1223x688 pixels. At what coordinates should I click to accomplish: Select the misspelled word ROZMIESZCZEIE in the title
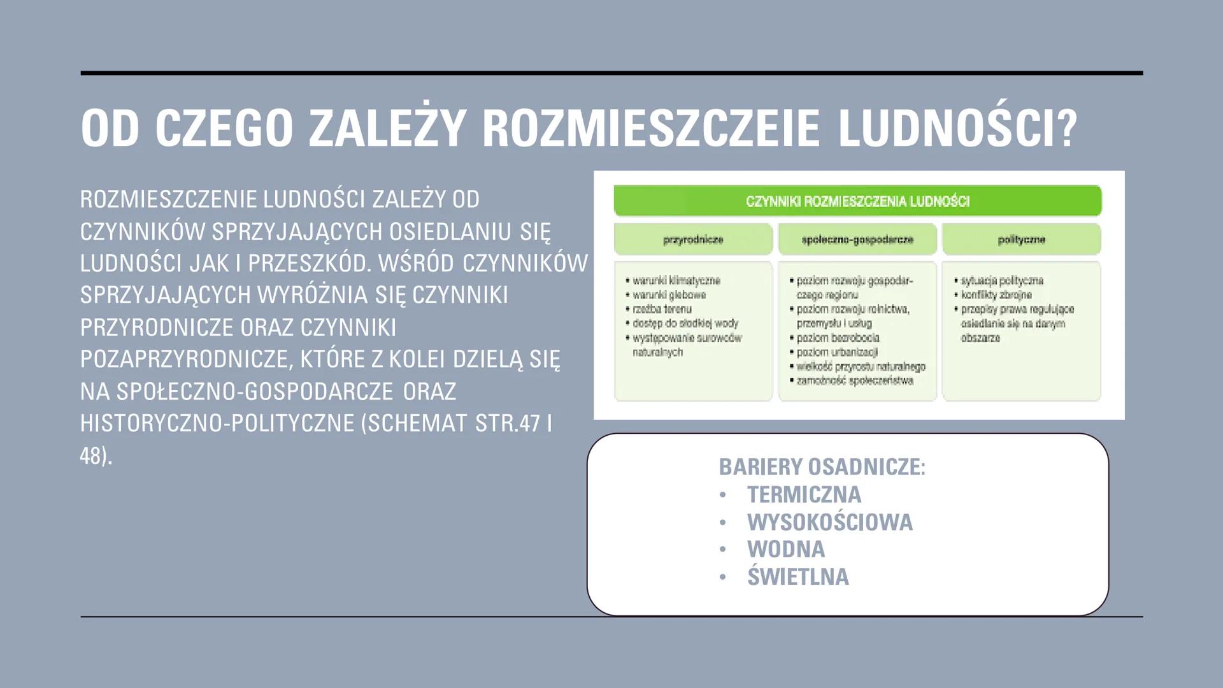pos(650,128)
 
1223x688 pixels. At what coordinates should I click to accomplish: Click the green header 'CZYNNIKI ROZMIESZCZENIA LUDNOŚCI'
pos(857,201)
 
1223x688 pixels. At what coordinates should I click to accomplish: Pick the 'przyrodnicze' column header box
pos(693,240)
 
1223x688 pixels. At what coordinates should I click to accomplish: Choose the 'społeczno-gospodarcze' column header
pos(857,240)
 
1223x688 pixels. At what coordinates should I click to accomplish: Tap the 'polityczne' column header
pos(1021,240)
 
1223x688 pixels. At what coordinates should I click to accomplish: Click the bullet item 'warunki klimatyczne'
pos(676,280)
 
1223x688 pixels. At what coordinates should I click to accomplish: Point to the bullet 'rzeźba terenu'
pos(662,309)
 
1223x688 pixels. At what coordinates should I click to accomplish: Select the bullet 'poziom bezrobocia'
pos(838,338)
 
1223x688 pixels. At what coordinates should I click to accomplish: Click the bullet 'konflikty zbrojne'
pos(996,294)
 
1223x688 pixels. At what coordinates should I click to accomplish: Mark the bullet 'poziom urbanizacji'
pos(837,352)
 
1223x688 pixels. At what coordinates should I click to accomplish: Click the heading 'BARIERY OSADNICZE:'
pos(822,467)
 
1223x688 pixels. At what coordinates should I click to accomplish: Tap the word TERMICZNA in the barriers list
pos(804,495)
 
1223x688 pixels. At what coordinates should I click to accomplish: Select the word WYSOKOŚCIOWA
pos(829,522)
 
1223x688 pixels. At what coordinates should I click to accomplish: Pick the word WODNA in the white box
pos(785,549)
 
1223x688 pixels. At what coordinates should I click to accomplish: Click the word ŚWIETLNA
pos(797,577)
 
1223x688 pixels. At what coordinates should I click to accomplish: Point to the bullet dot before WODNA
pos(722,550)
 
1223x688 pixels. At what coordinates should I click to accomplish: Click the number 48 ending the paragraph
pos(92,455)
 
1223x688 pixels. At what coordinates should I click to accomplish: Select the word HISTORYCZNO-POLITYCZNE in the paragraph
pos(217,423)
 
